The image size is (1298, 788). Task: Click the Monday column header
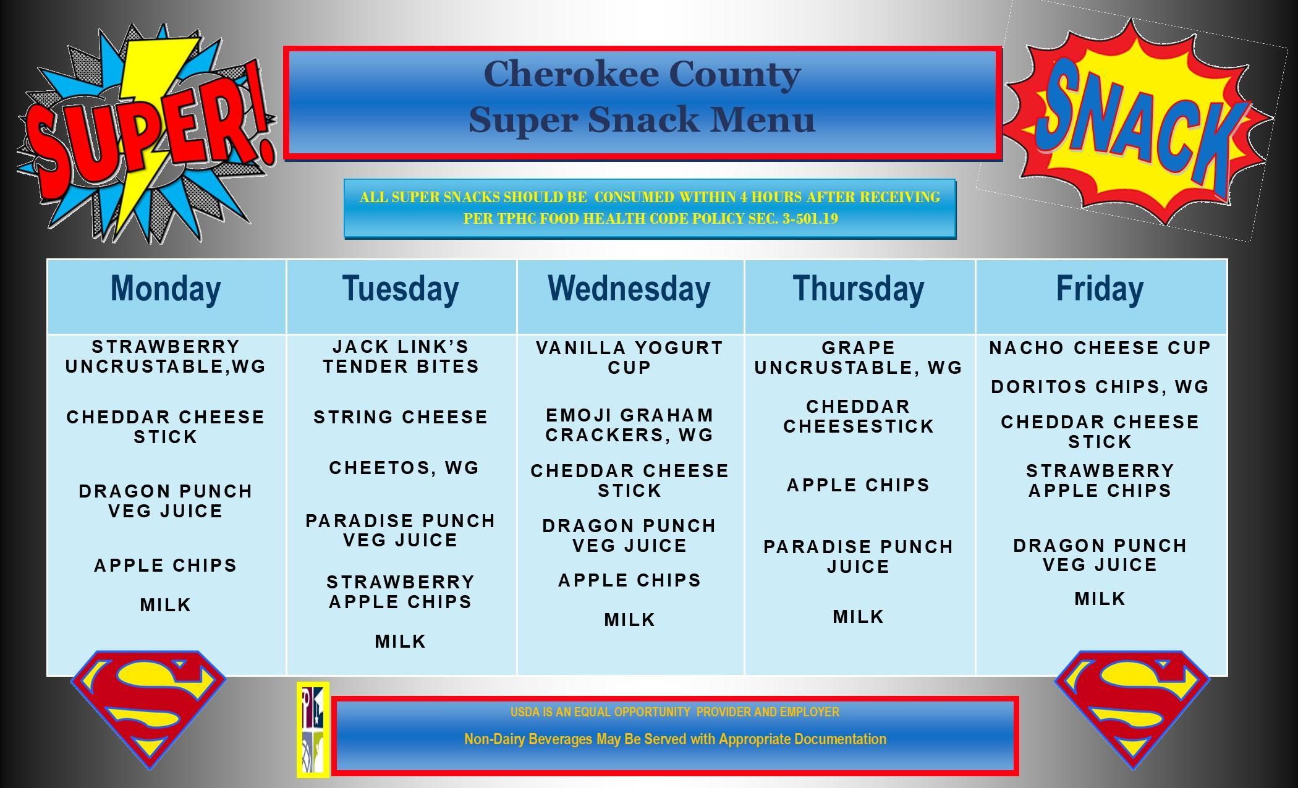(x=166, y=289)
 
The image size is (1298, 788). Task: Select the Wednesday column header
(x=629, y=289)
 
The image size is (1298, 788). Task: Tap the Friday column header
(x=1100, y=289)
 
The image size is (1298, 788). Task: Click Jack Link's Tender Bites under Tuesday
(x=401, y=357)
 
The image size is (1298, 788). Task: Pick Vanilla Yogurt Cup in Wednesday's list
(x=629, y=358)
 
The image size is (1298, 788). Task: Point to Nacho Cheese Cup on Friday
(x=1100, y=348)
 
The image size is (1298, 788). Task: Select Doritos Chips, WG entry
(x=1100, y=387)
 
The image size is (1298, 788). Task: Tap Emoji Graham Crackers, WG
(x=629, y=425)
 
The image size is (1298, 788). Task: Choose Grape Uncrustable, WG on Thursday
(x=858, y=358)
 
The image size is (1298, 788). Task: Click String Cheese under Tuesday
(x=401, y=417)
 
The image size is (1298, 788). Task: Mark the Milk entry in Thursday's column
(x=858, y=617)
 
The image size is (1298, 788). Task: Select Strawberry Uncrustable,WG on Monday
(x=166, y=357)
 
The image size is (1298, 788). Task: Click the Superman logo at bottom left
(x=149, y=705)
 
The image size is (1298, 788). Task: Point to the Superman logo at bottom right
(x=1131, y=705)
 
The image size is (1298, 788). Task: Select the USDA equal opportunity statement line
(x=674, y=712)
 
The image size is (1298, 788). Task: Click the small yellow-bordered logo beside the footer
(x=313, y=729)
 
